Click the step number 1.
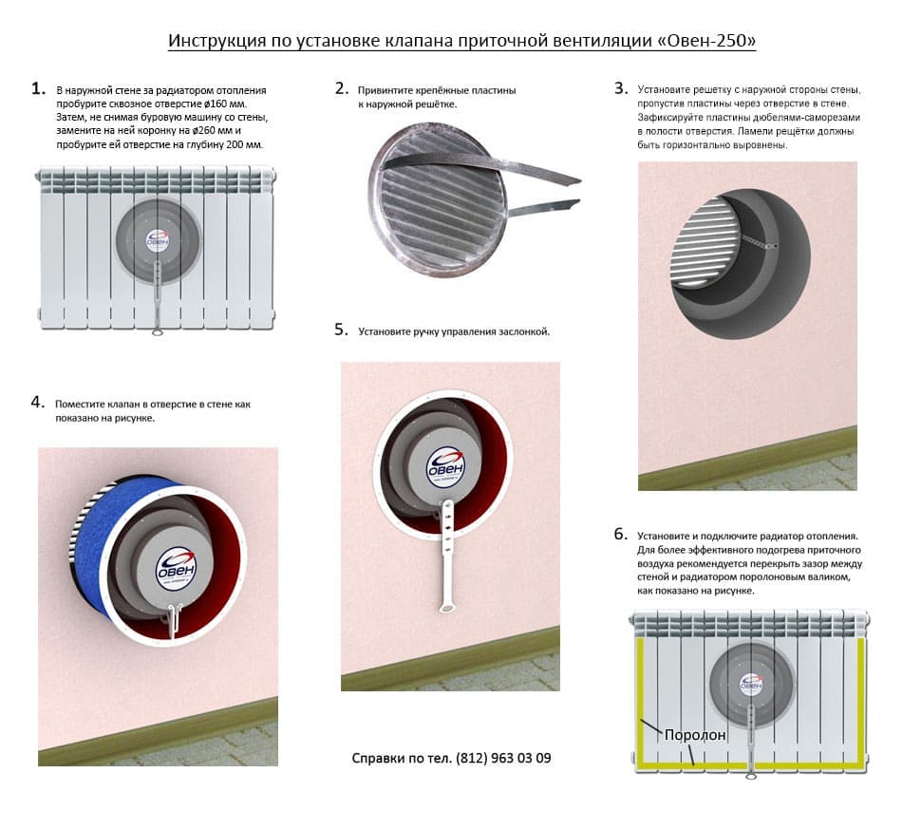(x=38, y=89)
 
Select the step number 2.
(x=342, y=89)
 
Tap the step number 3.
(x=621, y=88)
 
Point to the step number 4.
(x=38, y=403)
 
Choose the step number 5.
(x=342, y=330)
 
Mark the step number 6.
(x=621, y=535)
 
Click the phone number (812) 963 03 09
(x=503, y=758)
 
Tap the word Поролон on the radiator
(x=695, y=734)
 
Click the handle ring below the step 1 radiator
(x=158, y=331)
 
